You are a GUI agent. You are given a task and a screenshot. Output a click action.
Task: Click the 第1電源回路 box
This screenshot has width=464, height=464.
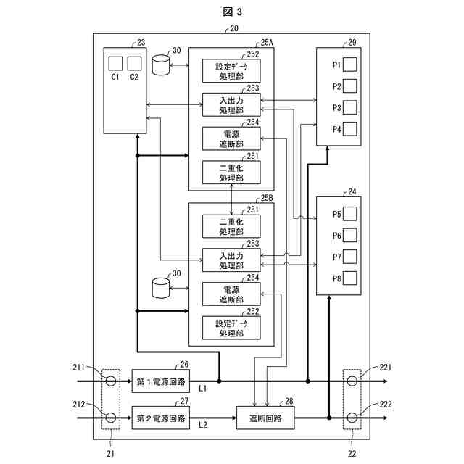[161, 381]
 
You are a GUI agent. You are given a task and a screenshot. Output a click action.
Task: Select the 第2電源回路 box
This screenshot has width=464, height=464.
[161, 418]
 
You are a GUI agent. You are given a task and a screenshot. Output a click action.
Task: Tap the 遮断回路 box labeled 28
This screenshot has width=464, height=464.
[265, 418]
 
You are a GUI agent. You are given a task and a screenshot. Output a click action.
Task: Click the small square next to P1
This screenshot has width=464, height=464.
[349, 65]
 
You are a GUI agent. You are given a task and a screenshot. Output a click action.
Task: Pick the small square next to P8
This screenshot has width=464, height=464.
[349, 278]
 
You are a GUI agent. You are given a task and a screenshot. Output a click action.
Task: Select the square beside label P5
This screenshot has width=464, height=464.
[349, 214]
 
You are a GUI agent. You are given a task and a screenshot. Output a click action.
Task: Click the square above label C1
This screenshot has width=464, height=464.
[115, 63]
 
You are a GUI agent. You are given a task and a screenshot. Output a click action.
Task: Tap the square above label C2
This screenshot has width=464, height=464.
[134, 63]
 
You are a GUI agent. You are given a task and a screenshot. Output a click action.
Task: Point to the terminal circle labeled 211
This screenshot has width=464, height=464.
[111, 381]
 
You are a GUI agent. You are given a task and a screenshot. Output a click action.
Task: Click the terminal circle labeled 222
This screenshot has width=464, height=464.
[352, 418]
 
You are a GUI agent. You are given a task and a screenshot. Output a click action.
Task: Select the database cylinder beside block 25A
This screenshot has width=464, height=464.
[161, 65]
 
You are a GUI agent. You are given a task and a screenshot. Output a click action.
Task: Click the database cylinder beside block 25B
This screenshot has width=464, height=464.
[161, 288]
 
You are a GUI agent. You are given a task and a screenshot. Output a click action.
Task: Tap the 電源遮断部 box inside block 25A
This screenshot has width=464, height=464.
[231, 138]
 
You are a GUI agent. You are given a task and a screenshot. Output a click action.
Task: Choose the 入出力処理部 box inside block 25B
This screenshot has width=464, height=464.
[231, 260]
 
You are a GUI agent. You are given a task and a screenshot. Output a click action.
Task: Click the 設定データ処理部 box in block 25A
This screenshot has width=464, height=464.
[231, 71]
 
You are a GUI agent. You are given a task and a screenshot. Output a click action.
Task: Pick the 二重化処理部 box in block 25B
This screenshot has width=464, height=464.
[231, 226]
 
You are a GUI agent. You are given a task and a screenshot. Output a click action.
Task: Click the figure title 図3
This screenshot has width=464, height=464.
[232, 12]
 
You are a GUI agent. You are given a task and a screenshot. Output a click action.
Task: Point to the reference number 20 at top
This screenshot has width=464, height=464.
[234, 28]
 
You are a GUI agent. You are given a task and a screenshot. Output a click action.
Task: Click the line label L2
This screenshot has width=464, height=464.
[203, 425]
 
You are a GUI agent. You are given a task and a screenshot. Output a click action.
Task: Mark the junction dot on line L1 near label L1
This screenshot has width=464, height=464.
[219, 381]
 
